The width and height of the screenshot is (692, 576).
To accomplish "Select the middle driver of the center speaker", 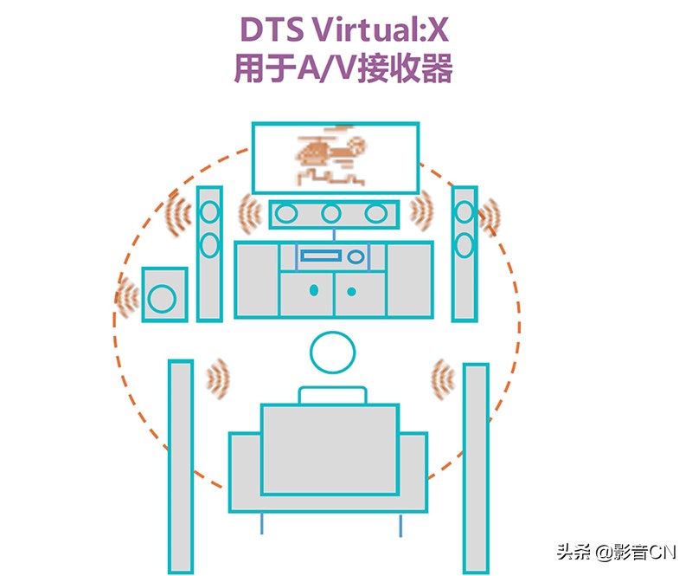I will click(x=330, y=214).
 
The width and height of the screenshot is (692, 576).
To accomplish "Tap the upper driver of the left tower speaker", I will click(x=210, y=211).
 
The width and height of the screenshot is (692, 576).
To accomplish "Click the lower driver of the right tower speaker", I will click(x=465, y=243).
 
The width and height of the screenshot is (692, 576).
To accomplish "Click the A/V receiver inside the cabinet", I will click(x=332, y=256).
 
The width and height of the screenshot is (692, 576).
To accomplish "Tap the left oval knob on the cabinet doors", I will click(x=314, y=288).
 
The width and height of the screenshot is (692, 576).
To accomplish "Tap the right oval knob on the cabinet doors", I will click(x=351, y=288).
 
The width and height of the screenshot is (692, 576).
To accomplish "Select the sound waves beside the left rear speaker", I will click(x=218, y=378).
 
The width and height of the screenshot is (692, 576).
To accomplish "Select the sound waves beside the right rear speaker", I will click(x=443, y=378).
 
